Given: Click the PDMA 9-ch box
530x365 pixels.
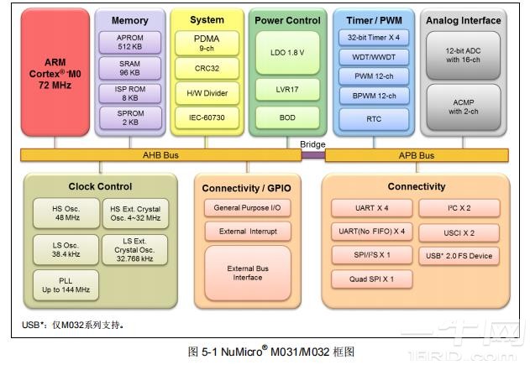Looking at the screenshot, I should pos(207,43).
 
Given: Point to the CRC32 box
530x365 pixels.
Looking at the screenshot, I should pos(207,68).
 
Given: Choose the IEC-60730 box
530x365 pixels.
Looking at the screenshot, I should pos(207,117).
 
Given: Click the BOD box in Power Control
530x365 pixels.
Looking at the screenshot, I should pos(287,117).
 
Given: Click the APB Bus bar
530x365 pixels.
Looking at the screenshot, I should pos(416,155).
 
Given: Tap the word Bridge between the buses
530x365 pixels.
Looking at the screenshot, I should pos(312,144).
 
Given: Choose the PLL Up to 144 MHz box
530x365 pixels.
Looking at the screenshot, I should pos(62,284).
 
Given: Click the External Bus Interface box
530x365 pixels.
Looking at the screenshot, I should pos(247,273).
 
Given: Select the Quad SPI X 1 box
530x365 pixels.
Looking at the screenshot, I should pos(372,278).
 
